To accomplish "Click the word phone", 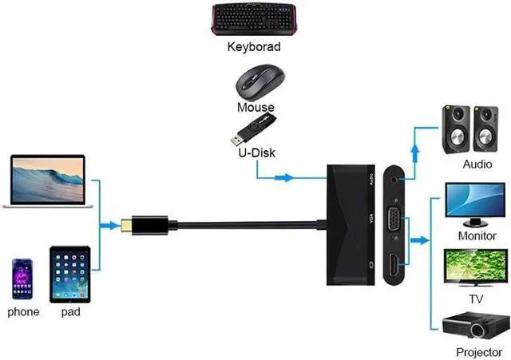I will (23, 311).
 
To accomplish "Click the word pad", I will (70, 311).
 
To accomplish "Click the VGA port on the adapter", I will (394, 222).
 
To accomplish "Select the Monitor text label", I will (477, 236).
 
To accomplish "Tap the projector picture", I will (473, 324).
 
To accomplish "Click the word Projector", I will (478, 352).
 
